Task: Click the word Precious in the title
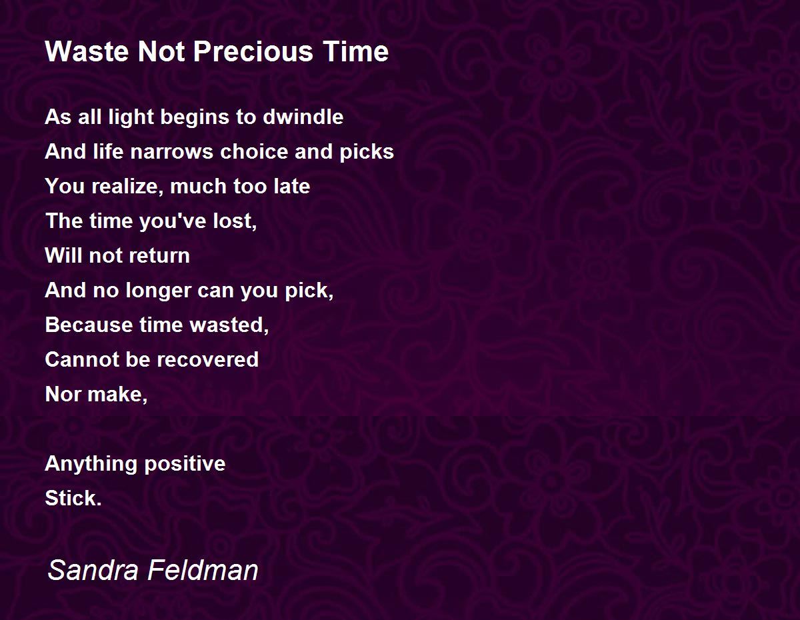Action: click(x=253, y=51)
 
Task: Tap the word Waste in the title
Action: click(x=87, y=51)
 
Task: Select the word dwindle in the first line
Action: click(x=303, y=117)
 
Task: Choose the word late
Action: click(x=292, y=186)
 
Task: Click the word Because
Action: click(x=89, y=325)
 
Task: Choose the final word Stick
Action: click(x=73, y=498)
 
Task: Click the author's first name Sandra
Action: click(x=93, y=569)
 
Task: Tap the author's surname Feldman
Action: click(x=203, y=569)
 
